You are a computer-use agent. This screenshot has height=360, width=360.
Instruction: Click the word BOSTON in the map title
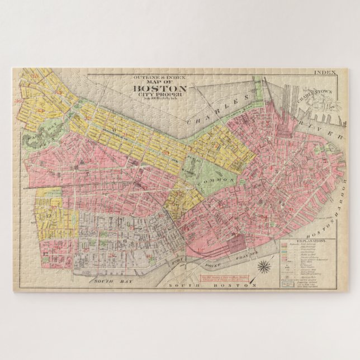[x=159, y=88]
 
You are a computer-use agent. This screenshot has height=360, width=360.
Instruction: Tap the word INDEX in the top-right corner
[x=326, y=72]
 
